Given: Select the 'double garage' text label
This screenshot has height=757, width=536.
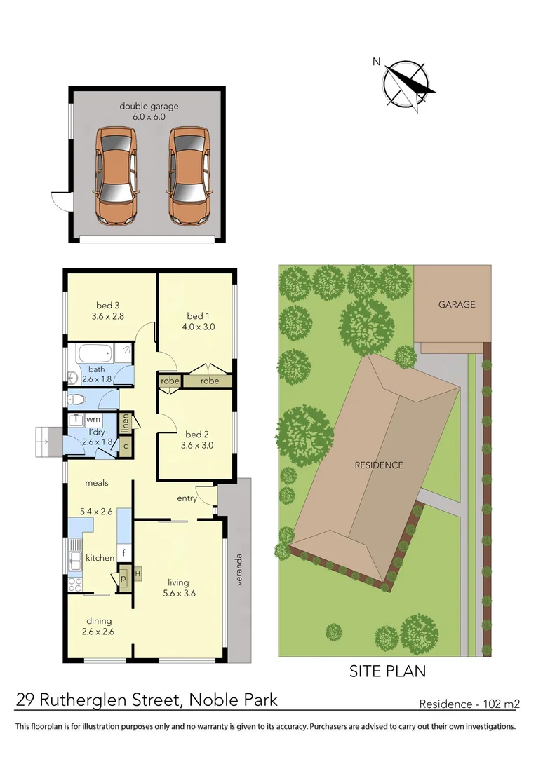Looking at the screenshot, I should (149, 107).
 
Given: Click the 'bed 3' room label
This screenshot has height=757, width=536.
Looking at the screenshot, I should (108, 305).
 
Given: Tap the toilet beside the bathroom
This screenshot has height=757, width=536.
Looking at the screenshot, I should (77, 400).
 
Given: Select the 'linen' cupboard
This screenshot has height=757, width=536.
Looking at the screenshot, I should (126, 423).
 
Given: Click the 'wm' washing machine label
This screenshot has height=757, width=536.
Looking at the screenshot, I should (93, 419).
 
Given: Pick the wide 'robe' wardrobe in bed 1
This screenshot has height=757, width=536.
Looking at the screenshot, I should (209, 381).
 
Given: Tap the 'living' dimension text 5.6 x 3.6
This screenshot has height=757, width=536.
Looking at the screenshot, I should (178, 593).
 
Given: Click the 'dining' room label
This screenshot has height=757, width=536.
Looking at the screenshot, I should (99, 620).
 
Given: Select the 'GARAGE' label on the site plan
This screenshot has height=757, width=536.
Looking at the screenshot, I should (457, 304).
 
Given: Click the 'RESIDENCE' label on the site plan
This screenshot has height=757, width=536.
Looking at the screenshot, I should (378, 465).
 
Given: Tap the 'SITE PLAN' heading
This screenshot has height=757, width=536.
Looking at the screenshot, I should (387, 671).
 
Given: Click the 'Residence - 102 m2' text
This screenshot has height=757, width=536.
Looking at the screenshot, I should (469, 704).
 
